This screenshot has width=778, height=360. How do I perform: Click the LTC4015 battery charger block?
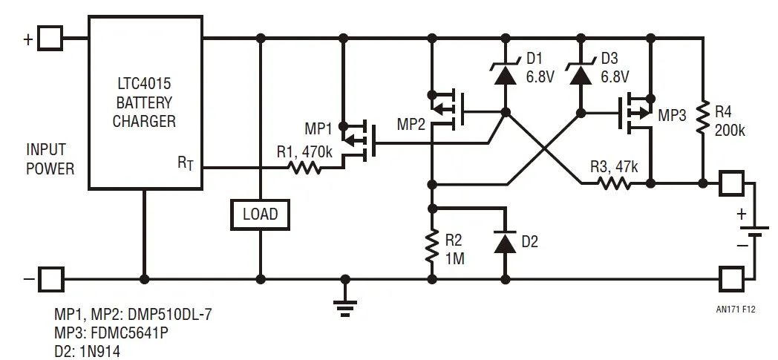(145, 102)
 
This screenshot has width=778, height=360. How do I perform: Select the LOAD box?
(260, 215)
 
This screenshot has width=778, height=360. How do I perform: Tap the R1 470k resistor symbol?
(305, 168)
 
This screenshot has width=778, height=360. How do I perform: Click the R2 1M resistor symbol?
(431, 246)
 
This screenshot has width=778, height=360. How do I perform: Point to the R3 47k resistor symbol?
(615, 183)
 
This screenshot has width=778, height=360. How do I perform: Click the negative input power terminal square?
(50, 280)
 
